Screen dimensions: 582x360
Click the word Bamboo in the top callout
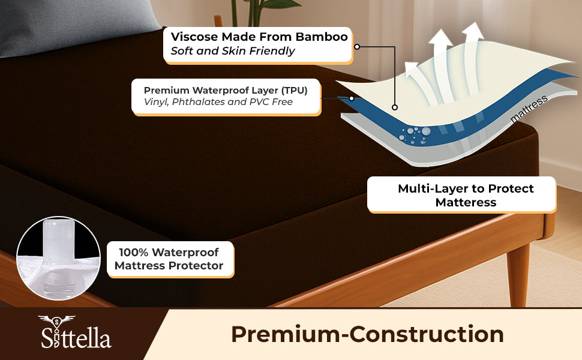coord(322,37)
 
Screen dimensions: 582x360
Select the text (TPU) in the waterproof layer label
coord(295,91)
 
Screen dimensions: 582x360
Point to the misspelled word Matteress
coord(466,202)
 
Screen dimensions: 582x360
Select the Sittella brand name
coord(76,337)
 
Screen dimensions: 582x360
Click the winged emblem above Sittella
coord(56,320)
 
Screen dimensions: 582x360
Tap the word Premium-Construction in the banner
coord(367,334)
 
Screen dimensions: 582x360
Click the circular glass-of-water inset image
coord(58,258)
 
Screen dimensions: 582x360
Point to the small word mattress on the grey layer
coord(529,109)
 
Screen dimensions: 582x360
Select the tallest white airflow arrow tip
coord(474,24)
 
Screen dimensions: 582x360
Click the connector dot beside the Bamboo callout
coord(357,47)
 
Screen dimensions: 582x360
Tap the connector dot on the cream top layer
coord(395,107)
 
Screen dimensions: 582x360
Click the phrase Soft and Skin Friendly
coord(233,51)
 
